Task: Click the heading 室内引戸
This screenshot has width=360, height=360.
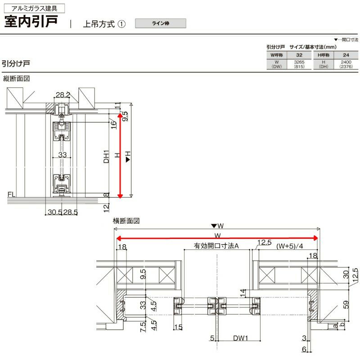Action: point(33,22)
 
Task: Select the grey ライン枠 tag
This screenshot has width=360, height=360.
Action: point(160,22)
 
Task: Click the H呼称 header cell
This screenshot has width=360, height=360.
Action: point(324,54)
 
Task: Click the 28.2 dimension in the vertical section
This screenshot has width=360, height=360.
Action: point(63,94)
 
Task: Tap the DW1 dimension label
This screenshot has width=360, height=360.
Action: point(241,337)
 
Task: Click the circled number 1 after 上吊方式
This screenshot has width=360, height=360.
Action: point(121,24)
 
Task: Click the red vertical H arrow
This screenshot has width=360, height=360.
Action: point(120,155)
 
